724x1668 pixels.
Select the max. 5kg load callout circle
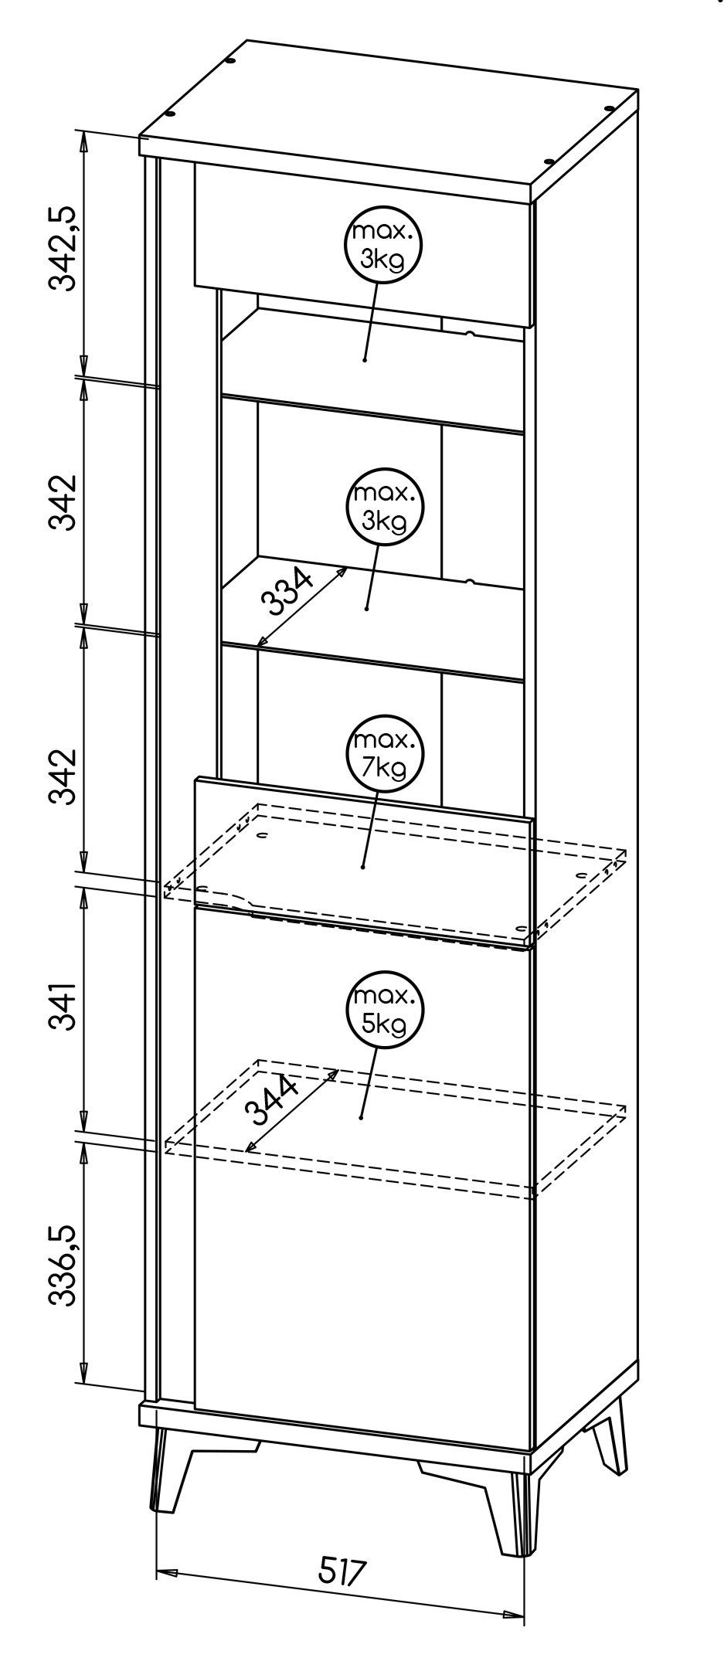(384, 1011)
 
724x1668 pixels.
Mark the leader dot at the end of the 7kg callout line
(362, 867)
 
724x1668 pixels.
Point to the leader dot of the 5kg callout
(361, 1116)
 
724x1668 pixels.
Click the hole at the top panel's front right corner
(549, 161)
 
